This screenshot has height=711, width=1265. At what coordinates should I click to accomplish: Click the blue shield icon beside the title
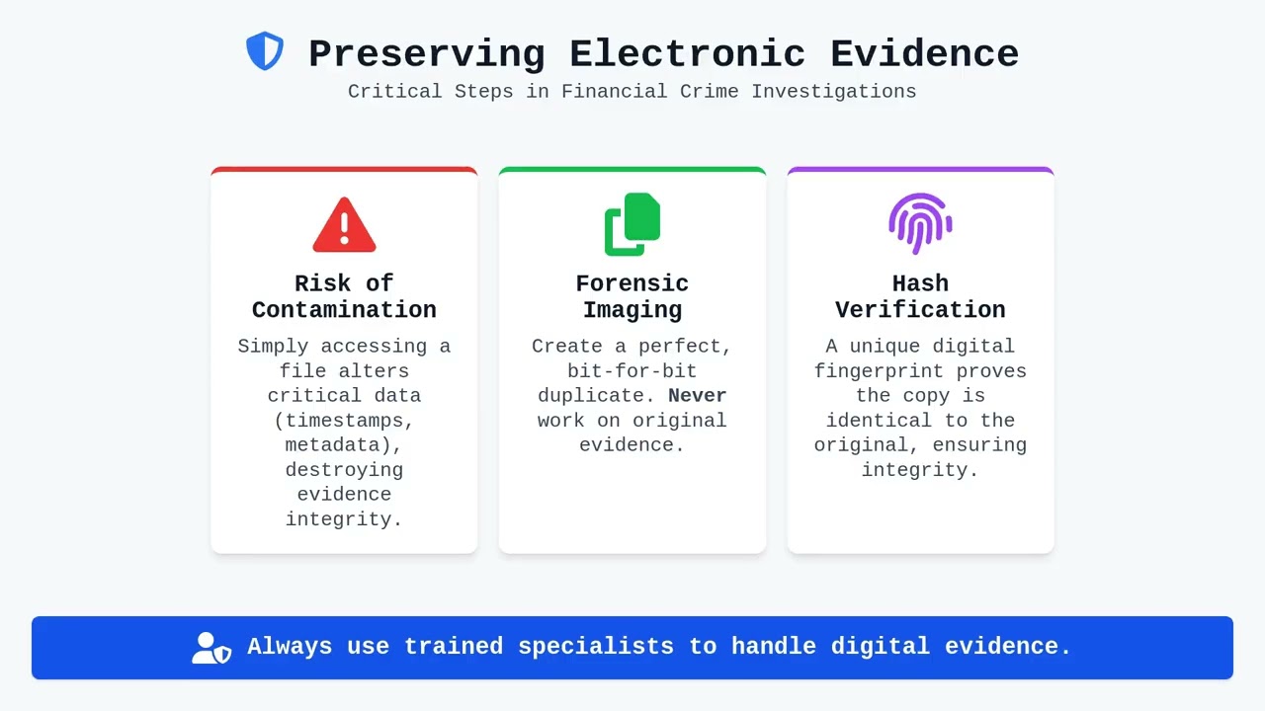coord(265,51)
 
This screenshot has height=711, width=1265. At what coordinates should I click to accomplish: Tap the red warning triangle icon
coord(344,225)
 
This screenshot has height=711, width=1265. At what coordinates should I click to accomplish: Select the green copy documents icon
coord(632,224)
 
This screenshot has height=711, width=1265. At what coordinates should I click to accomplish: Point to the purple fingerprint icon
coord(920,223)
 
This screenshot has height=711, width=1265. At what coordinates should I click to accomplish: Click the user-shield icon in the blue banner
coord(211,648)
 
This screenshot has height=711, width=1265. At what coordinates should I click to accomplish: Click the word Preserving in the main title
coord(427,53)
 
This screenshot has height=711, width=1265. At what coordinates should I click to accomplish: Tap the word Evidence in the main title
coord(924,53)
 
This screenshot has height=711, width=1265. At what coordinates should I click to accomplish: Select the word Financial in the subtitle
coord(615,91)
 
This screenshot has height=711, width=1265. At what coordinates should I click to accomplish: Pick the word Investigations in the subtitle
coord(834,91)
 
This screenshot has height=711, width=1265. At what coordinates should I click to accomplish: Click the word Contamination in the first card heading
coord(344,310)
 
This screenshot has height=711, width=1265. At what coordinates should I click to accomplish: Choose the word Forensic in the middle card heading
coord(632,283)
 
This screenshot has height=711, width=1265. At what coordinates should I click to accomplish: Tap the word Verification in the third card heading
coord(920,310)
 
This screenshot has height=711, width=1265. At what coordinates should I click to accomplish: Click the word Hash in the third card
coord(920,283)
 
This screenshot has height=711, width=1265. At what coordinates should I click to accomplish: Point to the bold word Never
coord(697,396)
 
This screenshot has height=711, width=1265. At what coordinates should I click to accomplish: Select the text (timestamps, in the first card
coord(344,421)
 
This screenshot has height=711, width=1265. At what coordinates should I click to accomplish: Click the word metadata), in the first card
coord(344,445)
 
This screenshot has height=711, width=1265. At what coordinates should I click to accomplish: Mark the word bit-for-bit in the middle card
coord(632,371)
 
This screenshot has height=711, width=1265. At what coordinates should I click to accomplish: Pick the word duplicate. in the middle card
coord(597,396)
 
